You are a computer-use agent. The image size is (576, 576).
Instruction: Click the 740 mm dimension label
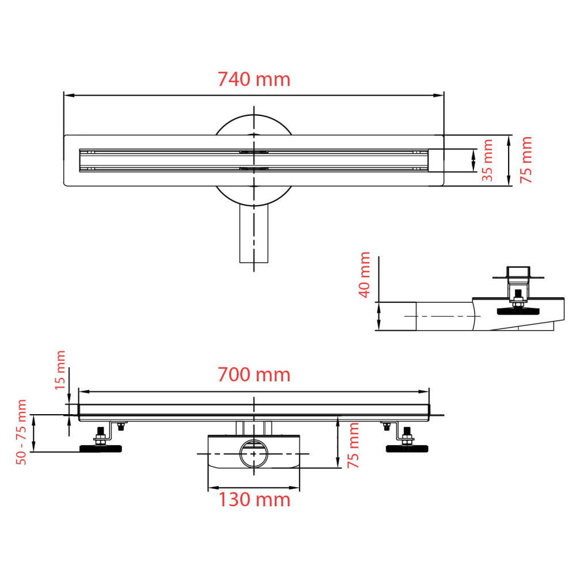click(253, 79)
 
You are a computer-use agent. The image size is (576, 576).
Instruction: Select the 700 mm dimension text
click(253, 375)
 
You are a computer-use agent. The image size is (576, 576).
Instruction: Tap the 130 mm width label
click(253, 499)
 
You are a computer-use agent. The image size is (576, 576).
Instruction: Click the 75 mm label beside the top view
click(526, 160)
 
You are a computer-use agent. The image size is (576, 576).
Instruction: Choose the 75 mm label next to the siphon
click(354, 445)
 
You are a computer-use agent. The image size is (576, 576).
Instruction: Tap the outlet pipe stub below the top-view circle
click(253, 236)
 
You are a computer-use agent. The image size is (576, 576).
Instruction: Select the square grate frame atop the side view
click(517, 272)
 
